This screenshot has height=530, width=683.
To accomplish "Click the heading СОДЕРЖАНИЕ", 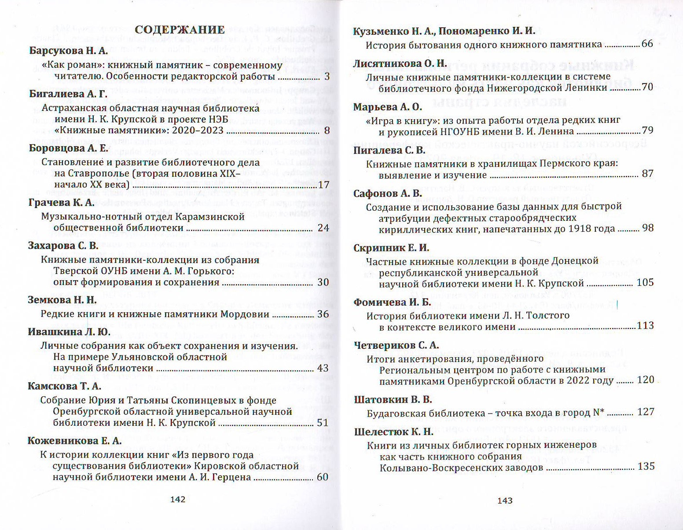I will pos(180,30).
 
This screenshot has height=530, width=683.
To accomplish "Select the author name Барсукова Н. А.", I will pos(68,51).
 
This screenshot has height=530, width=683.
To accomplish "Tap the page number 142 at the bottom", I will pos(177,499).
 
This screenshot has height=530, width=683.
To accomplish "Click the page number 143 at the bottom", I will pos(505,500).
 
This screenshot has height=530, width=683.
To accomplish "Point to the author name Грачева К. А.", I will pos(61,203).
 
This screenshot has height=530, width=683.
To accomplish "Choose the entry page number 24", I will pos(323,228).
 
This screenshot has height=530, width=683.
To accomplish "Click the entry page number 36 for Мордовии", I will pos(323,314).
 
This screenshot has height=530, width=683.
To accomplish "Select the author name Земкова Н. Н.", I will pos(62,300).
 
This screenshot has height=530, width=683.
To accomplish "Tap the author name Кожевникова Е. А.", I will pos(74,441).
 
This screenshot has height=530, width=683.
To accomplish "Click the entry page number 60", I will pos(323,477).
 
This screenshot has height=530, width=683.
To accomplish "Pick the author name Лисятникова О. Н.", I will pos(400,63).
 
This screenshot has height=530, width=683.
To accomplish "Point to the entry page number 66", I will pos(647,44).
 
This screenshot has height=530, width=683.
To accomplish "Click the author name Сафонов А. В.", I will pos(388,194).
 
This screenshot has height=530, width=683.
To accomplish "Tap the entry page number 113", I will pos(646,325).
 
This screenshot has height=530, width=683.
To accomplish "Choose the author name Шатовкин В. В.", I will pos(393,400).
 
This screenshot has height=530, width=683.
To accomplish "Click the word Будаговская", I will pos(396,413).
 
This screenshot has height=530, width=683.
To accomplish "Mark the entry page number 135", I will pos(646,466).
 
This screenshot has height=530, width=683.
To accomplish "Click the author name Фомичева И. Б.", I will pos(393,303).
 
